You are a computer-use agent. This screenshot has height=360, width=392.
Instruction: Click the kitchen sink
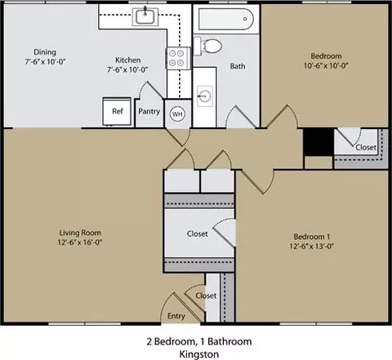[145, 16]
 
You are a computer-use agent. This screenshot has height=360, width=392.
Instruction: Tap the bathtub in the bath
[226, 19]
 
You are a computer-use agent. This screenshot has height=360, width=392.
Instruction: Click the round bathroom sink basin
[205, 96]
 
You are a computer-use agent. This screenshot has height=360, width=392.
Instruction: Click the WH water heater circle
[177, 113]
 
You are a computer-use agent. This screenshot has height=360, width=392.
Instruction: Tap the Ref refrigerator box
[117, 111]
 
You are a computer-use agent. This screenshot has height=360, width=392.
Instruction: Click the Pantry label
[149, 111]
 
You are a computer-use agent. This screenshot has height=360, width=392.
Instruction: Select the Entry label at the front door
[176, 316]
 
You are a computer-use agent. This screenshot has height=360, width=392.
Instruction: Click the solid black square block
[318, 142]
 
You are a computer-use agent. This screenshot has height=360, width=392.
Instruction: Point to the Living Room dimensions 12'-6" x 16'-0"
[79, 242]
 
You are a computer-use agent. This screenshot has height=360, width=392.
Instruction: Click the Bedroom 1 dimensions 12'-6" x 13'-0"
[312, 247]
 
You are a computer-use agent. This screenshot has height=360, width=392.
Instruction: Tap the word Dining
[45, 52]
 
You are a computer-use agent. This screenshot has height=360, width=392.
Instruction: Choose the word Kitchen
[128, 60]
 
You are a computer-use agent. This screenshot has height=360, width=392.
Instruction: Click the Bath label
[238, 66]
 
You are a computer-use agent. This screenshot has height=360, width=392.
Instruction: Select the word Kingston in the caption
[199, 354]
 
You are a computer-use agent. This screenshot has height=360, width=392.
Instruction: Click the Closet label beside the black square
[366, 147]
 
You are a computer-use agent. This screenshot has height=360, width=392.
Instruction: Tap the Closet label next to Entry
[206, 296]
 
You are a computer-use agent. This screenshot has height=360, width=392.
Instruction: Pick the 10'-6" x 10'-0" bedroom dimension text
[326, 65]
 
